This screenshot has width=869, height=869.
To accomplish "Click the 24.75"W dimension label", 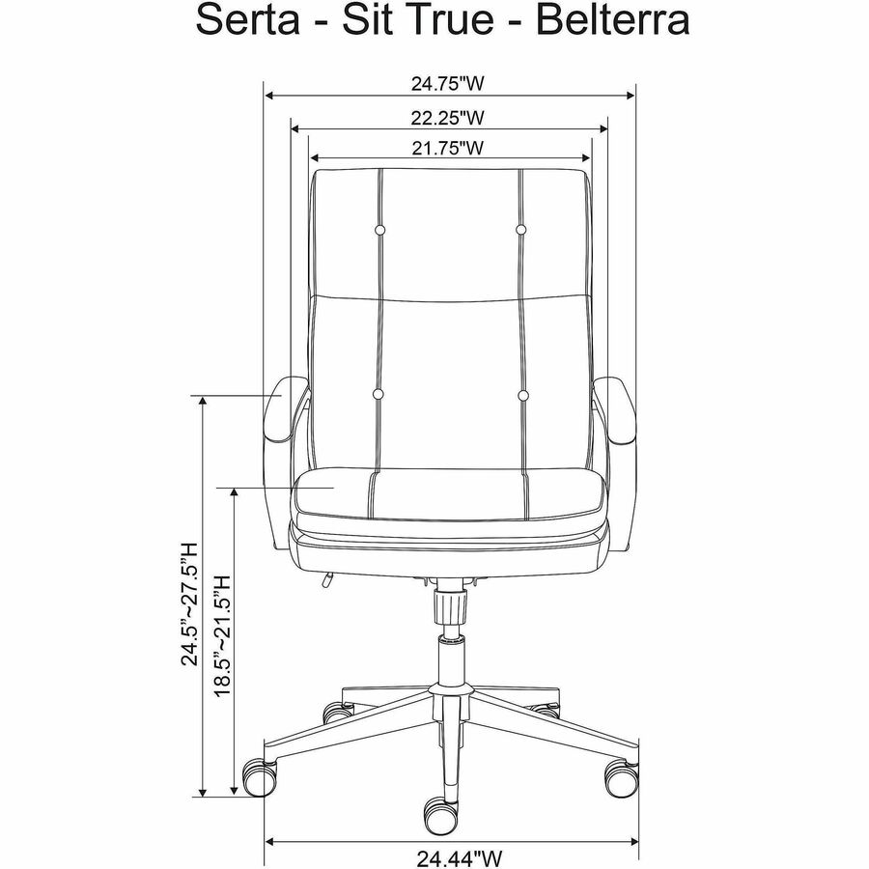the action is pos(447,84).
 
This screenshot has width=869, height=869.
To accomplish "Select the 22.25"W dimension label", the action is pos(447,118).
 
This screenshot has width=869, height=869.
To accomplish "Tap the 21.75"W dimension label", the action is pos(447,148).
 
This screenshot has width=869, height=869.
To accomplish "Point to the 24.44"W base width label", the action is pos(460,858).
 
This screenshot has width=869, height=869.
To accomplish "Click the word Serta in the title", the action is pos(248,20).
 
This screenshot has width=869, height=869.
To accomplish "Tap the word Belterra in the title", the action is pos(613,20).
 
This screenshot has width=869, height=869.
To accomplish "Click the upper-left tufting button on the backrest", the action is pos(379,230).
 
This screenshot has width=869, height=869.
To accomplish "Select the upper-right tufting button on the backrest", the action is pos(520,229).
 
